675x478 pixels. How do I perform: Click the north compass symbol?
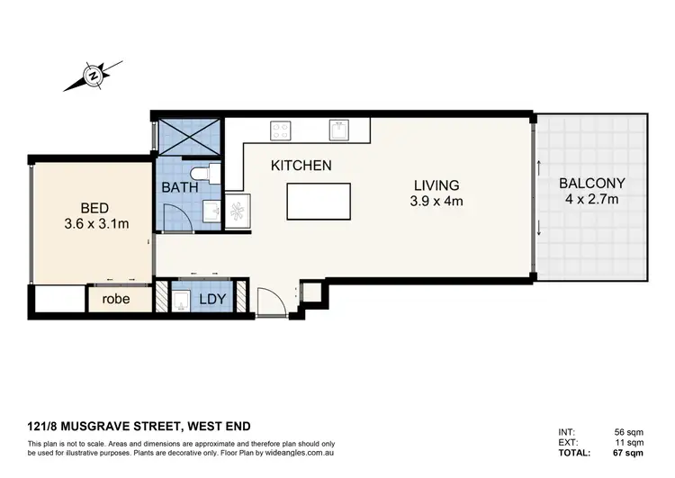(x=93, y=77)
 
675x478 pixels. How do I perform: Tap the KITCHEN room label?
(x=301, y=166)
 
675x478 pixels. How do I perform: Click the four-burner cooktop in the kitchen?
(x=280, y=130)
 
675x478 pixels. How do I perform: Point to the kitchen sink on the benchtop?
(x=338, y=130)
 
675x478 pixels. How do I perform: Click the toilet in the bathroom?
(x=202, y=173)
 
